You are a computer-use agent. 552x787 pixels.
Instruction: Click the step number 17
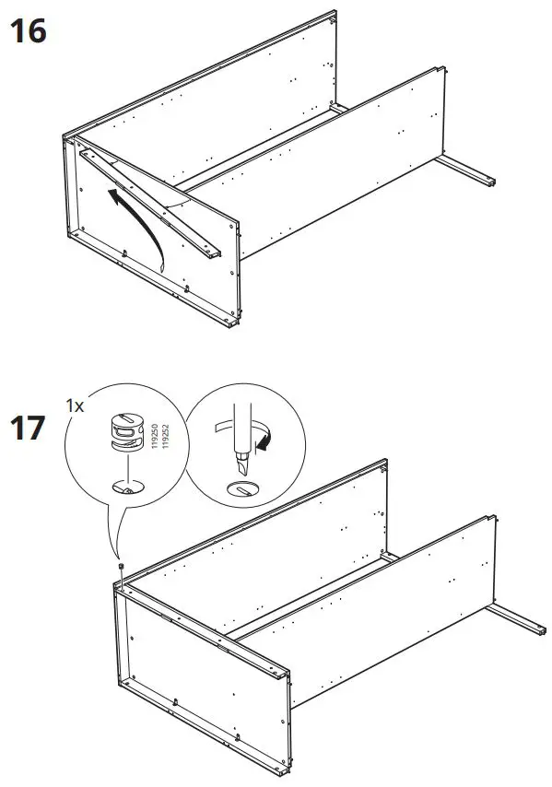27,429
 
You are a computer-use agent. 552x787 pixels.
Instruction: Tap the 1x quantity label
76,405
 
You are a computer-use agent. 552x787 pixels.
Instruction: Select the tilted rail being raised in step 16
152,206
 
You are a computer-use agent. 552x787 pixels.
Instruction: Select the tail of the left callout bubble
115,539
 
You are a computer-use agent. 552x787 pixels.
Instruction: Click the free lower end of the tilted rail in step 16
215,253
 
